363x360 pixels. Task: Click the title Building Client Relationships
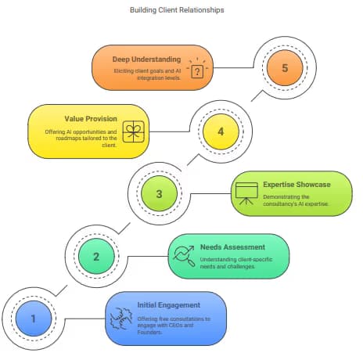[177, 10]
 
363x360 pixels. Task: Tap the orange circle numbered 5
[285, 68]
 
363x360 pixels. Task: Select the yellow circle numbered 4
[221, 131]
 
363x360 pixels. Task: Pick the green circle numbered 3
[159, 194]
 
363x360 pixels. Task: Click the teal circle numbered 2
[96, 257]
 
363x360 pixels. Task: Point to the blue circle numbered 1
[34, 319]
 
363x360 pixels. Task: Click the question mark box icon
[197, 68]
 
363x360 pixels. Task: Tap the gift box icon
[133, 131]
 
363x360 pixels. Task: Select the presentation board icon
[246, 193]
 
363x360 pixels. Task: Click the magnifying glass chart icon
[184, 256]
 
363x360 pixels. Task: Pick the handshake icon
[121, 319]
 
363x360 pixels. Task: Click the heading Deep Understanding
[146, 59]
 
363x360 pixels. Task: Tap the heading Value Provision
[91, 119]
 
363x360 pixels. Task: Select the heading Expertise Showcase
[297, 185]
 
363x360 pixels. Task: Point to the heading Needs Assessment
[232, 247]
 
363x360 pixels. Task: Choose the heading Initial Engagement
[169, 305]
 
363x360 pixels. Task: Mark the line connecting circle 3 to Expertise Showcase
[210, 194]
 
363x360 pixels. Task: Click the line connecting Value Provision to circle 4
[170, 131]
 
